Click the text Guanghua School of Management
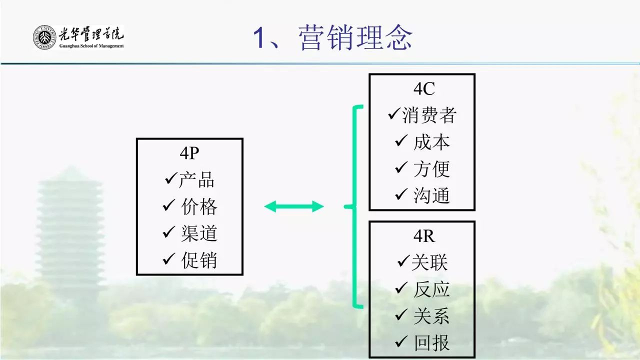(91, 46)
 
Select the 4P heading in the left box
(189, 153)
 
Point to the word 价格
(199, 206)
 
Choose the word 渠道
(199, 233)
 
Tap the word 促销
(199, 260)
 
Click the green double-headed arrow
(294, 206)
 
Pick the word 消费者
(429, 115)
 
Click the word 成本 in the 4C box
(431, 142)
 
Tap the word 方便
(431, 169)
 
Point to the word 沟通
(431, 195)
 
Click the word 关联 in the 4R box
(429, 262)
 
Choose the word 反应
(431, 289)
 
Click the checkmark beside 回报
(402, 342)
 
